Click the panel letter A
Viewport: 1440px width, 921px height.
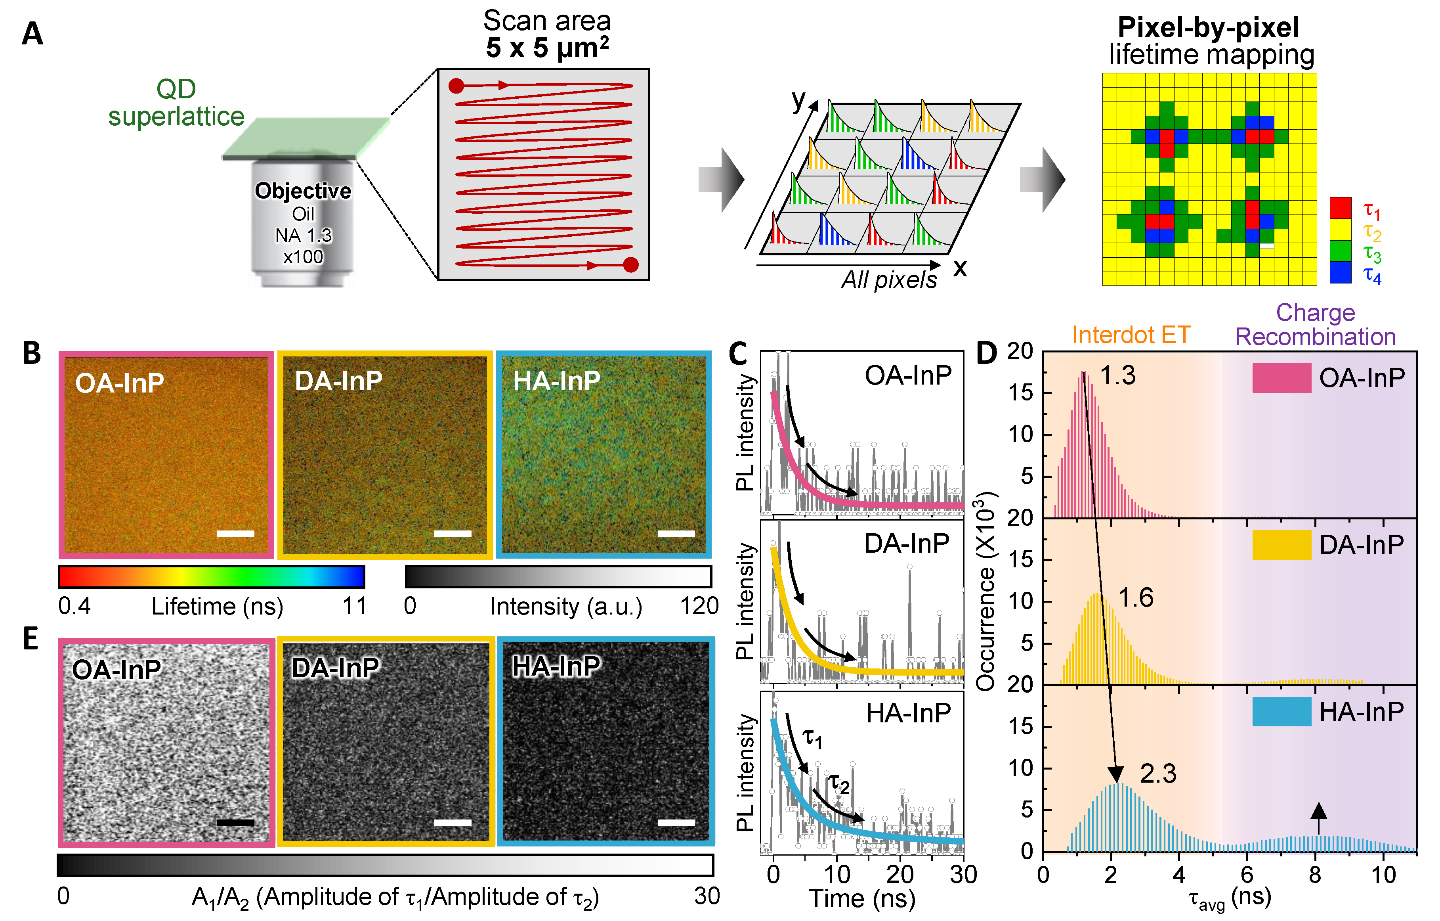coord(32,34)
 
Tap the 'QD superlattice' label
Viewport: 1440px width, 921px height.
coord(176,103)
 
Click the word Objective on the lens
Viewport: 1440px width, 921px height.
coord(303,191)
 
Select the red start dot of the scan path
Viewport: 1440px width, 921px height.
coord(456,86)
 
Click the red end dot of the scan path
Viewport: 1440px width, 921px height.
coord(630,264)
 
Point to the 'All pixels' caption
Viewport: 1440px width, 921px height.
coord(889,280)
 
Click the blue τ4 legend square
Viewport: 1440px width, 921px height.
coord(1340,272)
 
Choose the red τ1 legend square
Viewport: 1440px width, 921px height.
coord(1340,208)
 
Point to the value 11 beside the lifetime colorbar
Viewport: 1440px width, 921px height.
coord(354,606)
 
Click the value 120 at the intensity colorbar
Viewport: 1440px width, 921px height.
coord(699,606)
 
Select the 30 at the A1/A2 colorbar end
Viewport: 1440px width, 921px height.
coord(706,896)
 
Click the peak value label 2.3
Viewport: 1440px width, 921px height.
coord(1158,774)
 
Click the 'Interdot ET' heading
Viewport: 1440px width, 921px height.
coord(1131,335)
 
